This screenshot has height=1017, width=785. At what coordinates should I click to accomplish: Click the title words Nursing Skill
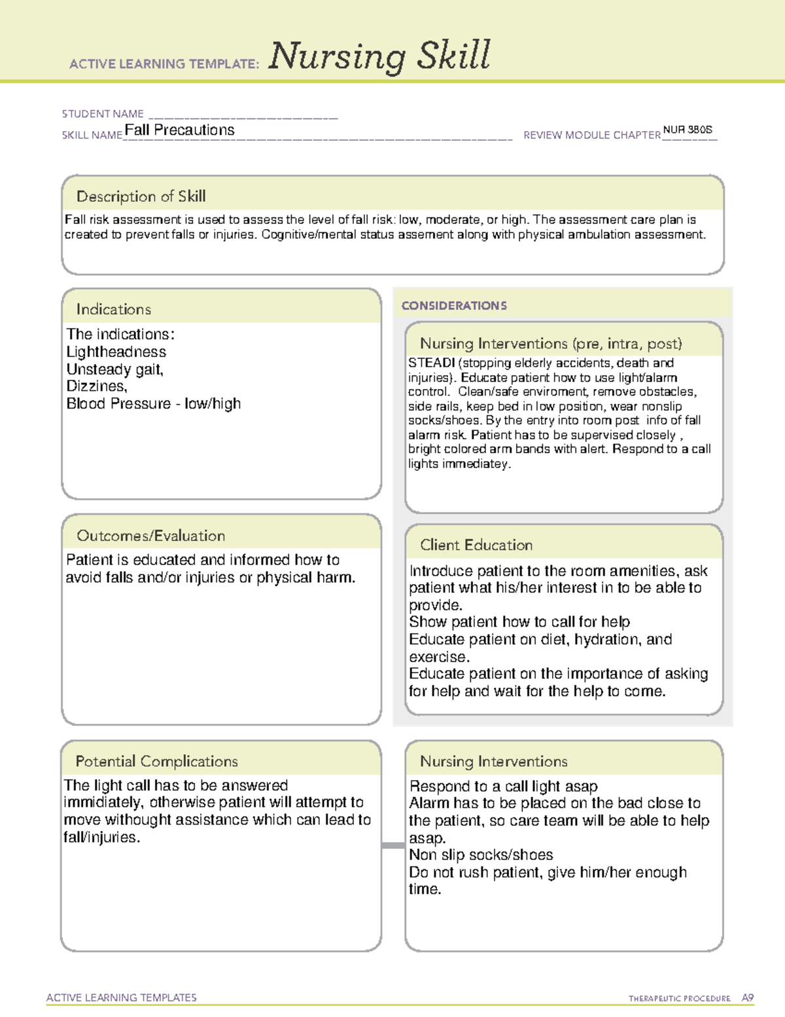[x=379, y=57]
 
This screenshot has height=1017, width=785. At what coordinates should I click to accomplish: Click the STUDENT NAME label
[x=103, y=114]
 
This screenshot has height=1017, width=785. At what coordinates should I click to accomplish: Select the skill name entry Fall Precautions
[x=179, y=130]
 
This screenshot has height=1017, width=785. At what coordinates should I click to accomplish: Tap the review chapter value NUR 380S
[x=688, y=130]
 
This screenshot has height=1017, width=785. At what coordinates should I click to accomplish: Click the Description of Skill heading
[x=141, y=196]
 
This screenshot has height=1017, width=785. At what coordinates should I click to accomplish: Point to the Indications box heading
[x=114, y=309]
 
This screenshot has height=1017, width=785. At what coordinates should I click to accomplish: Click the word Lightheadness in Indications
[x=116, y=352]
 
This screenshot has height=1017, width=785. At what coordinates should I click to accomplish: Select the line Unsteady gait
[x=114, y=369]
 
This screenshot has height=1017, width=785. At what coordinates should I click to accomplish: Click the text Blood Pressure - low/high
[x=154, y=404]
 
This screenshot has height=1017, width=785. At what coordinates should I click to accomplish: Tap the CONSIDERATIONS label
[x=454, y=306]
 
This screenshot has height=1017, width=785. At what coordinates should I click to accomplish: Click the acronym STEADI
[x=431, y=363]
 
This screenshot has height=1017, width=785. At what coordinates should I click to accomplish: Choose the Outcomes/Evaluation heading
[x=151, y=536]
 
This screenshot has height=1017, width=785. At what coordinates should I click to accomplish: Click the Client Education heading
[x=476, y=545]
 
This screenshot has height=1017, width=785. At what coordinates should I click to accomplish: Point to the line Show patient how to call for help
[x=519, y=622]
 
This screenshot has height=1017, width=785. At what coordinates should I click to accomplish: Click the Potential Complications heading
[x=157, y=762]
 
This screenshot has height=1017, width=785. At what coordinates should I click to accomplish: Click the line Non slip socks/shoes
[x=481, y=855]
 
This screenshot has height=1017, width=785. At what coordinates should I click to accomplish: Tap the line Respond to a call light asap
[x=503, y=786]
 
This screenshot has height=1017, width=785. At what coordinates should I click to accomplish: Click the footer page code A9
[x=748, y=998]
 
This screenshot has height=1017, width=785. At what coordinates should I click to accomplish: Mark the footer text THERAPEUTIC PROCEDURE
[x=679, y=999]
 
